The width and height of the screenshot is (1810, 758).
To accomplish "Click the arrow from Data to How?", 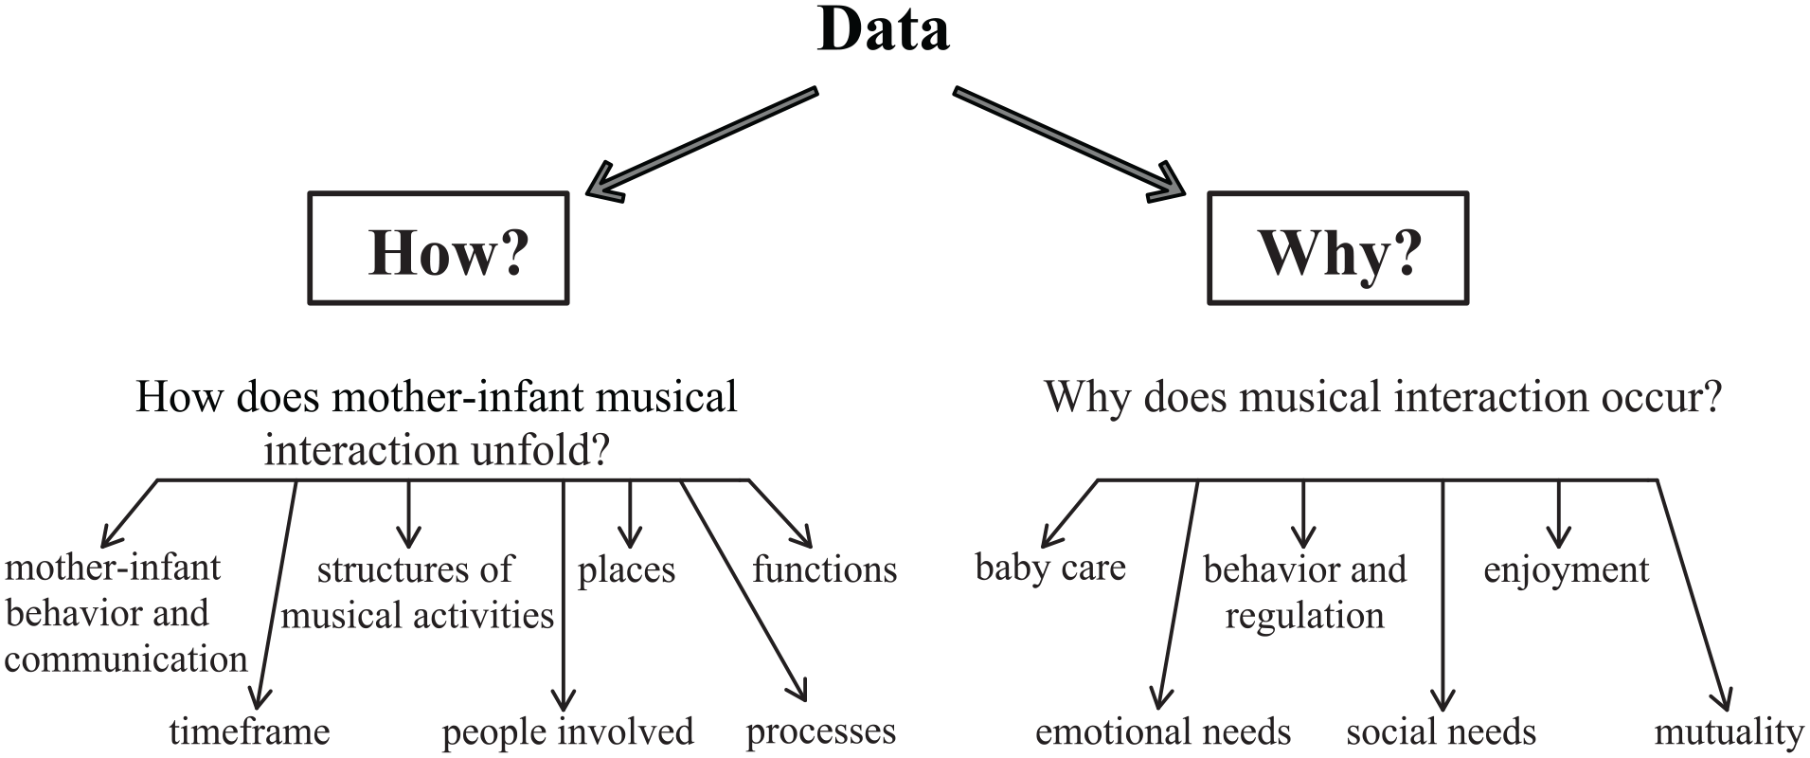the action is [701, 143].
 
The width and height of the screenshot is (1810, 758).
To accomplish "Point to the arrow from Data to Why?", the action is [1068, 143].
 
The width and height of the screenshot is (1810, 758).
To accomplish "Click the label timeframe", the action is [250, 731].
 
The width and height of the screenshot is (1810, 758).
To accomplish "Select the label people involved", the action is [568, 731].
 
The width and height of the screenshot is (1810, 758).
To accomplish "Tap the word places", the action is [627, 570].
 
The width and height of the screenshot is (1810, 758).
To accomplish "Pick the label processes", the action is [821, 731].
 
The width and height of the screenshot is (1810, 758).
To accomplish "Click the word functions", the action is [825, 569].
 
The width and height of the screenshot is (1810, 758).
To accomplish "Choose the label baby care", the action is [1050, 568].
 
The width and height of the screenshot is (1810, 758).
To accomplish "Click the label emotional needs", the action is [1163, 731].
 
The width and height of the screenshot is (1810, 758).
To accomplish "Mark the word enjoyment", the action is [1567, 570].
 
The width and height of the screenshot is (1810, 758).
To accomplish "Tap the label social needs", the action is [1442, 731].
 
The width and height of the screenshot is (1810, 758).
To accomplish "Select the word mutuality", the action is [1729, 732].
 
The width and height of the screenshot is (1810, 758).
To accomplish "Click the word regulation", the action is [1305, 616].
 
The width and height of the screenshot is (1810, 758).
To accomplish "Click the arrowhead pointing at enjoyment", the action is [1559, 536].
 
